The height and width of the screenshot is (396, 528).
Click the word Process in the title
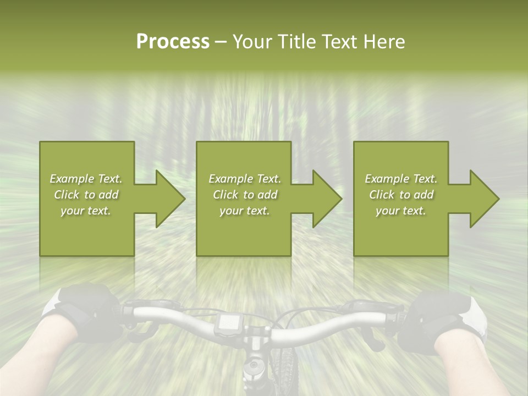point(173,42)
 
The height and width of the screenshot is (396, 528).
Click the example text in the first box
point(86,195)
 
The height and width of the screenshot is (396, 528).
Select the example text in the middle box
point(244,195)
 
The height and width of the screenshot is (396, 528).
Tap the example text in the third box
point(401,195)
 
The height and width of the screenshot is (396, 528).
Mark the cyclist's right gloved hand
point(440,319)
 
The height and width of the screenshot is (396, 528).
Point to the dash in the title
point(221,42)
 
